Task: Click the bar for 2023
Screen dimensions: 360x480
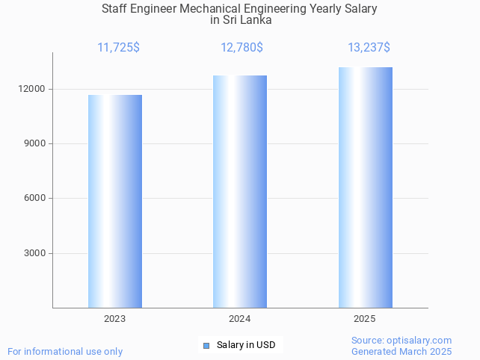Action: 115,201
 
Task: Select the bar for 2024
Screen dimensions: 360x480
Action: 240,191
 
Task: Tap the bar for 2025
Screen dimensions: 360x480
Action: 365,187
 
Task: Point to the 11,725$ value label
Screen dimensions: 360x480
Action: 118,48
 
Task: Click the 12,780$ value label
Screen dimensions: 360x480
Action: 241,48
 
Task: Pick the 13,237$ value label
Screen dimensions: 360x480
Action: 369,48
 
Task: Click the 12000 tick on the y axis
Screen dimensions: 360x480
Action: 33,89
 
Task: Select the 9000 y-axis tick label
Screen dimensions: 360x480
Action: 35,143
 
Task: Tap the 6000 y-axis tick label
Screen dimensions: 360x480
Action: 35,199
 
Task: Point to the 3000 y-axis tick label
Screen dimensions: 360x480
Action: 35,253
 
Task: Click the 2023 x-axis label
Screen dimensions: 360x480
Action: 115,319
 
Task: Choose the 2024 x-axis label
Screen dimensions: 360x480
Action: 240,319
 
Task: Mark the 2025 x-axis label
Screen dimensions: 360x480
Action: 365,319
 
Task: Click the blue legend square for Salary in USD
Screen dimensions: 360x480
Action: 206,345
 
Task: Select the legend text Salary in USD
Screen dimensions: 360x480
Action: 246,345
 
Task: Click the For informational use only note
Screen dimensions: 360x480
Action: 65,351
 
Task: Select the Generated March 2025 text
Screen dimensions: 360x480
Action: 401,351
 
